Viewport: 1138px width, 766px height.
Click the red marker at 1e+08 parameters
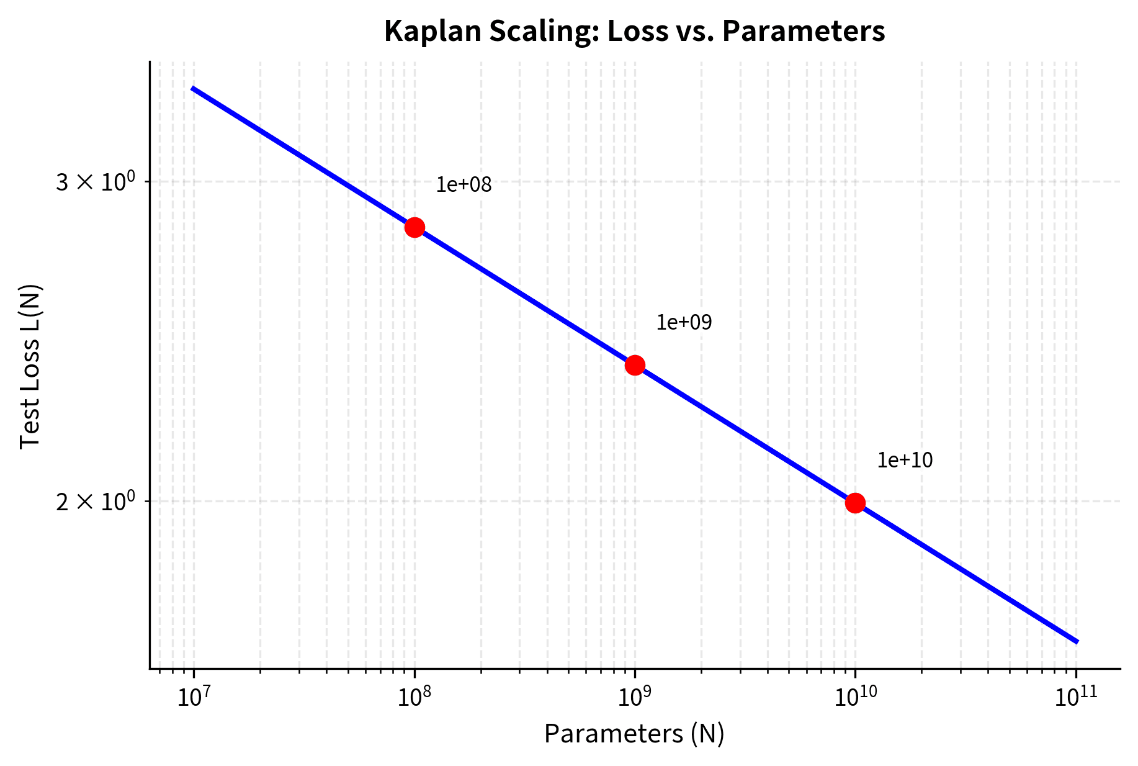[414, 227]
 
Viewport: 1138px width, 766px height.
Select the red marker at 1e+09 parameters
[635, 365]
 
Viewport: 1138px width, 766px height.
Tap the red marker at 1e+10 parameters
[855, 503]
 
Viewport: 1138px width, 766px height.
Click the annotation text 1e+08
[464, 185]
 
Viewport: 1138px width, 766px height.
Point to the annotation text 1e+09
[684, 323]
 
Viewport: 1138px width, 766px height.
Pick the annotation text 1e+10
[905, 461]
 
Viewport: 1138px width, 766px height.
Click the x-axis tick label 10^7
[194, 698]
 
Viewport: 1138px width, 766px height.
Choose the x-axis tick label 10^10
[855, 698]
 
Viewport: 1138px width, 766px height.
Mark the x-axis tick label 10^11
[1076, 698]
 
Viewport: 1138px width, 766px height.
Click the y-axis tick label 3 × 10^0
[95, 182]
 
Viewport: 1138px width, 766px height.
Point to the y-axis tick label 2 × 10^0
[95, 502]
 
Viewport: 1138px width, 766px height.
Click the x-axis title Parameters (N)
[634, 734]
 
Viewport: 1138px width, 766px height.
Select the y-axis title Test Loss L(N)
[30, 366]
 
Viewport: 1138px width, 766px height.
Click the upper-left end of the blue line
[193, 89]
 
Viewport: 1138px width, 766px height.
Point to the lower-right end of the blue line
[1077, 641]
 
